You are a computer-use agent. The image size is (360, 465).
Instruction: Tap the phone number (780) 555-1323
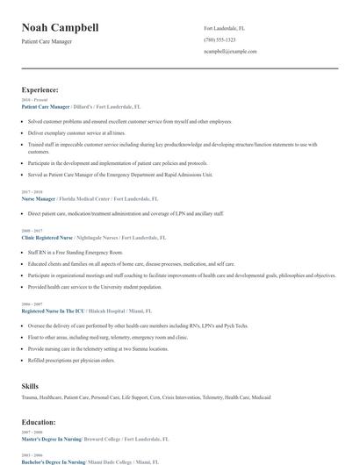220,39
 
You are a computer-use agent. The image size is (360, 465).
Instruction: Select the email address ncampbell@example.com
230,52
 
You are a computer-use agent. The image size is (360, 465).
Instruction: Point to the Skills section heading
31,385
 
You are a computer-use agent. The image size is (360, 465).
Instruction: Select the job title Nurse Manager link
39,198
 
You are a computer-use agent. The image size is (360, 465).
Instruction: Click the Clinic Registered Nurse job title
48,237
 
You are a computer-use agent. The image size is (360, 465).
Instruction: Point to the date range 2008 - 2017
31,231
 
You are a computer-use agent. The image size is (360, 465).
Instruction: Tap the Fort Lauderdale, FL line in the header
225,28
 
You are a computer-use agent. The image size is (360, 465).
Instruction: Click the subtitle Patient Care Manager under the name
47,41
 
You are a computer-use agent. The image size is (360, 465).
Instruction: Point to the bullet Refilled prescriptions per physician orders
71,359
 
